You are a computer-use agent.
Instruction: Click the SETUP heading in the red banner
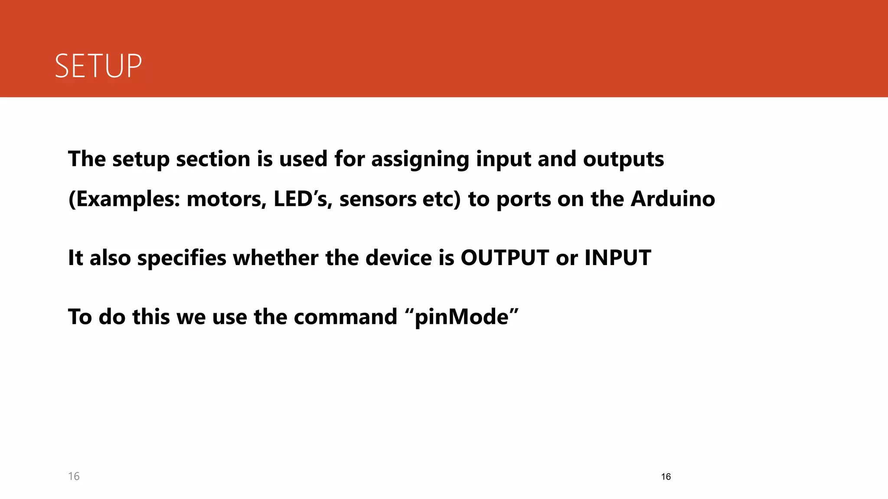point(98,66)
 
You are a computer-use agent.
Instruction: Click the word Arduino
point(673,199)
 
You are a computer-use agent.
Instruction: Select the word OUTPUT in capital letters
point(505,258)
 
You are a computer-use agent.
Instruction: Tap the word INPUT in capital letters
point(617,258)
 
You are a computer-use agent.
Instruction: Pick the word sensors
point(378,199)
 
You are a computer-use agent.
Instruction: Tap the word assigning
point(420,159)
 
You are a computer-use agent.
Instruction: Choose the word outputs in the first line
point(623,159)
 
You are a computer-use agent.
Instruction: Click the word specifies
point(182,258)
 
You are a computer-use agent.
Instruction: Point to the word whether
point(276,258)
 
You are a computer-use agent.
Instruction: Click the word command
point(345,317)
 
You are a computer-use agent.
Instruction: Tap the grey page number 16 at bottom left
point(74,476)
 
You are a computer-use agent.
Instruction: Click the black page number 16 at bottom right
point(666,477)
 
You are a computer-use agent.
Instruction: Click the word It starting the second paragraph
point(75,258)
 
